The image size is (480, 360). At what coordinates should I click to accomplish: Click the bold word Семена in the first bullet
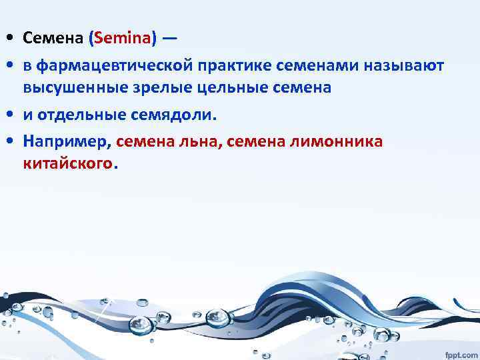click(53, 39)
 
